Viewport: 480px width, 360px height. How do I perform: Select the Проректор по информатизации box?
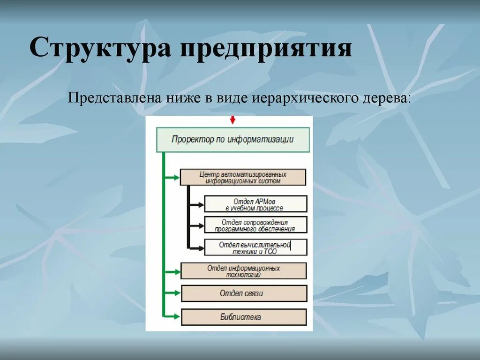[x=232, y=140]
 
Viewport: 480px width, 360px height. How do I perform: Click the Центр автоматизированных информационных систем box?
[x=243, y=177]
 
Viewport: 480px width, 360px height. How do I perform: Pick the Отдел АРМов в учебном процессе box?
[x=255, y=204]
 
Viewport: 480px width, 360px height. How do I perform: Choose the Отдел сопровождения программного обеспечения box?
[x=255, y=225]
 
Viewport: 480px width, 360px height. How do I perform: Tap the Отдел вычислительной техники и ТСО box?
[x=255, y=247]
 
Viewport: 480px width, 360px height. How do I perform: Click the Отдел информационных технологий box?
[x=243, y=271]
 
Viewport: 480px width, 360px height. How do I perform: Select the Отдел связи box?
[x=244, y=293]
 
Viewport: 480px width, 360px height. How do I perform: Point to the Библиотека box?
[x=244, y=317]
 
